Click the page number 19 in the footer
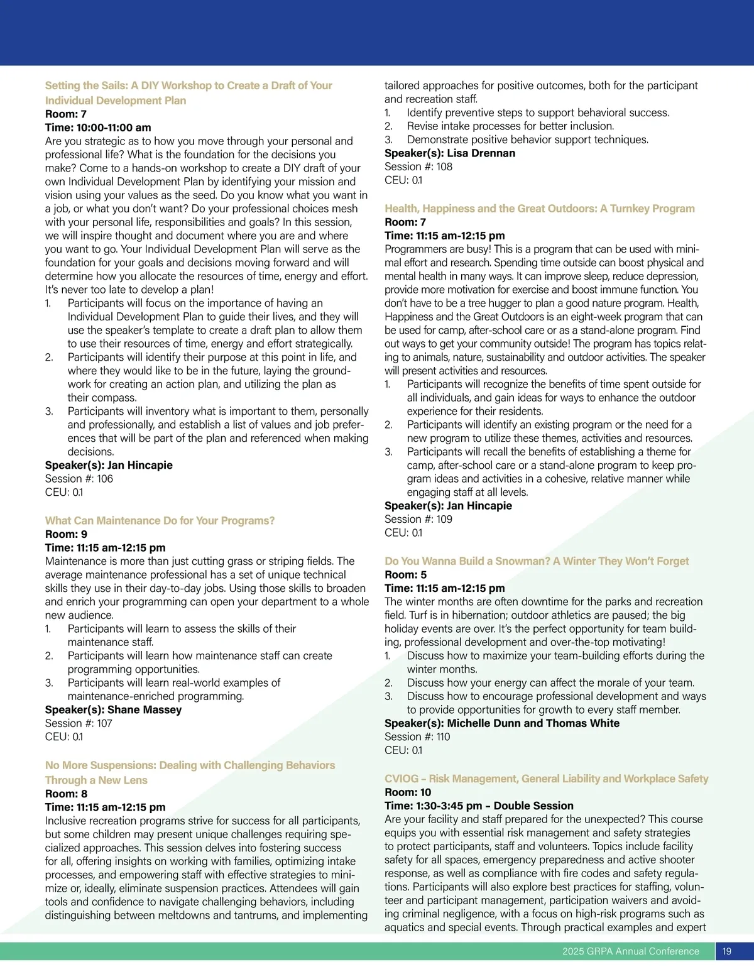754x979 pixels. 727,951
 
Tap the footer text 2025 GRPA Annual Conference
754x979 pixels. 630,951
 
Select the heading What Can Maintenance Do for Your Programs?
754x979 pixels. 160,520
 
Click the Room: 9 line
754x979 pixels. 66,534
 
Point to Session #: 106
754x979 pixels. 79,479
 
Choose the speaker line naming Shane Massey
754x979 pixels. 113,709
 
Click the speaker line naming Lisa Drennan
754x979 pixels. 450,153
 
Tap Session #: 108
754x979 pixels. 418,167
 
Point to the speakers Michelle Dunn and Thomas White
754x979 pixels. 502,723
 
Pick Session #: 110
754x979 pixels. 417,736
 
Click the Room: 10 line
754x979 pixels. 408,792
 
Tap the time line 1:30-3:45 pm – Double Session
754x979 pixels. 479,806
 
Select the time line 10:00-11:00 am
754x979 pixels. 98,128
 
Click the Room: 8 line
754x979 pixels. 66,794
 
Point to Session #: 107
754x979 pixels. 79,723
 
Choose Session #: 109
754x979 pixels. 418,519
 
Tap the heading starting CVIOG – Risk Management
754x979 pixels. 546,779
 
